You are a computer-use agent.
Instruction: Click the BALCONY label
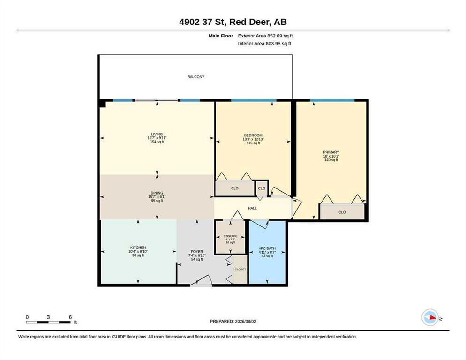point(196,77)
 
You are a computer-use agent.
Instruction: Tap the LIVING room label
point(157,134)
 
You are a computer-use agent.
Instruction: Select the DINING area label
point(157,193)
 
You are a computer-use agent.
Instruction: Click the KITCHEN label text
point(138,247)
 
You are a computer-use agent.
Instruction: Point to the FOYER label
point(197,252)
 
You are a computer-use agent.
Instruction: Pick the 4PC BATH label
point(267,248)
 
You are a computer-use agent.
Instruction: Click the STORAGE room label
point(230,236)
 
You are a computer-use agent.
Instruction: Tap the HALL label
point(252,208)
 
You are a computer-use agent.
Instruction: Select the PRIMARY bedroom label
point(331,152)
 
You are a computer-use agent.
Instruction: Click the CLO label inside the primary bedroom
point(342,212)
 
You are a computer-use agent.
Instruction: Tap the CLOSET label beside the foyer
point(240,270)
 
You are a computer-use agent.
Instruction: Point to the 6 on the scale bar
point(70,317)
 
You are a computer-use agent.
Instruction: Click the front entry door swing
point(201,280)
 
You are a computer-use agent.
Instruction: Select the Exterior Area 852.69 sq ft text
point(265,36)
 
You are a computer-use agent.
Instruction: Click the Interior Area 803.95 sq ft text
point(264,44)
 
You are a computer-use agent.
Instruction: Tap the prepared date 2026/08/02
point(246,322)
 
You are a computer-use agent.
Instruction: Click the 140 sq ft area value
point(331,160)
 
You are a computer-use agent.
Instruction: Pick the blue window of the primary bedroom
point(332,100)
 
